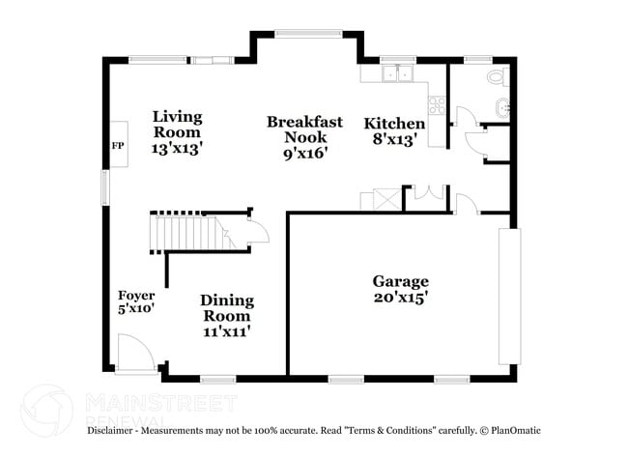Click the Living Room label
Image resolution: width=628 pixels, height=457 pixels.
(x=177, y=125)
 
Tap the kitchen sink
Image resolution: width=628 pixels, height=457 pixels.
(x=397, y=74)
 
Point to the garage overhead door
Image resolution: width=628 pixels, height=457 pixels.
(x=508, y=297)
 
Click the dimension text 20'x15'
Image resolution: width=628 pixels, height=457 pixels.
(x=401, y=299)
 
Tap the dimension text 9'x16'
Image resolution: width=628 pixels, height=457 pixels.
(x=305, y=153)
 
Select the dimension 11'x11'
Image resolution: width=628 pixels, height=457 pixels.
(x=227, y=331)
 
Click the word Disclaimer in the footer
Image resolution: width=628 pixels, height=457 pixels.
(x=114, y=430)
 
